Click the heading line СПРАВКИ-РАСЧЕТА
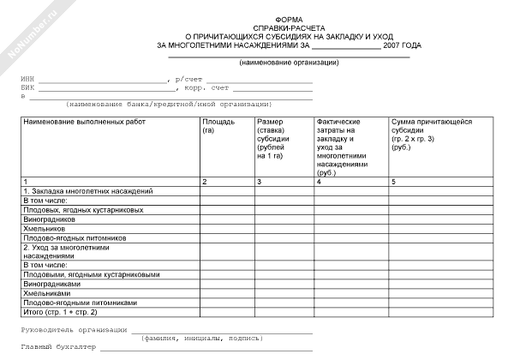click(x=289, y=28)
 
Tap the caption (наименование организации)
click(x=289, y=63)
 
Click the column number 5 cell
click(x=394, y=183)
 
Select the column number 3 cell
click(x=259, y=183)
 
